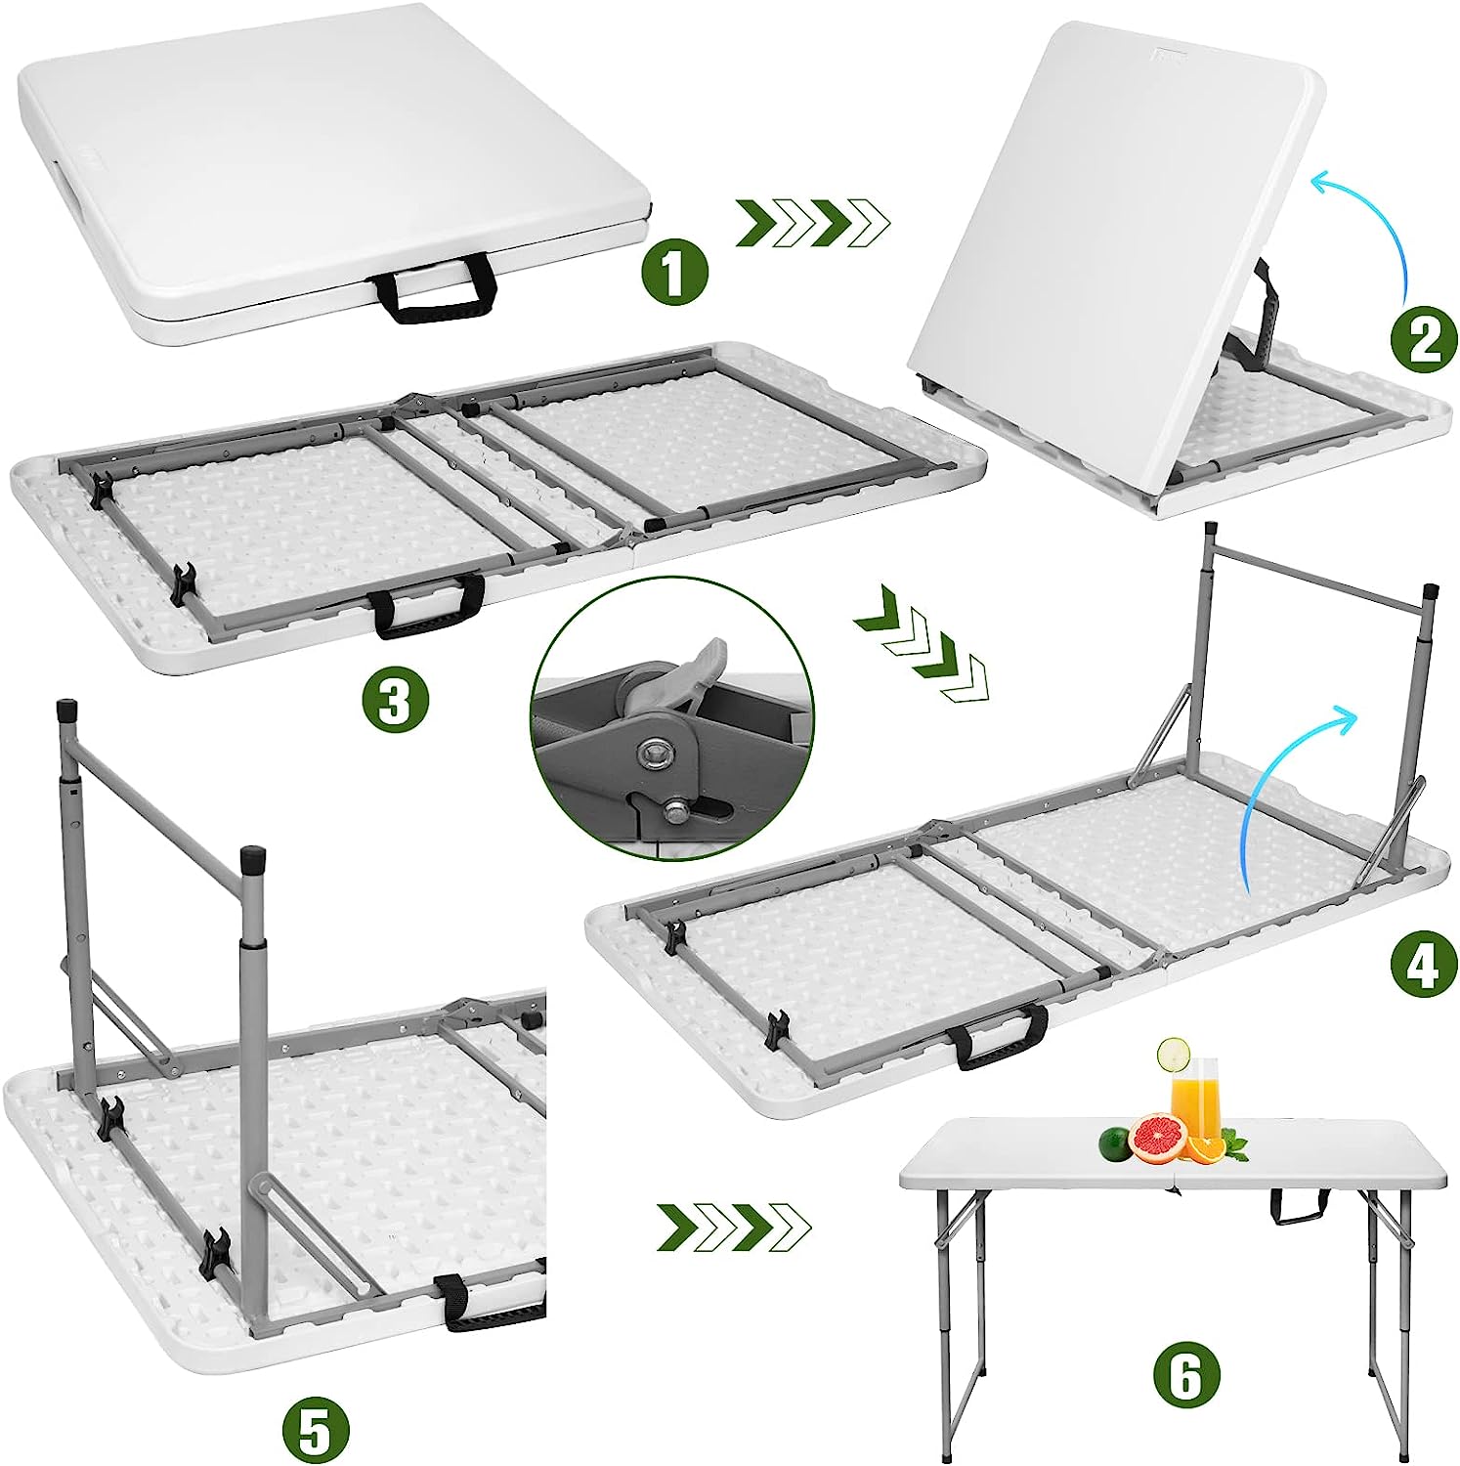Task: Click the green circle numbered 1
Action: coord(673,274)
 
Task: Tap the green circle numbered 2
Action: coord(1424,339)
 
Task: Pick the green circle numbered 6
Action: coord(1185,1376)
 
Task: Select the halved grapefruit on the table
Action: coord(1157,1140)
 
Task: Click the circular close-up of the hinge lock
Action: coord(672,718)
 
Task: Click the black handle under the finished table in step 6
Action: coord(1301,1207)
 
